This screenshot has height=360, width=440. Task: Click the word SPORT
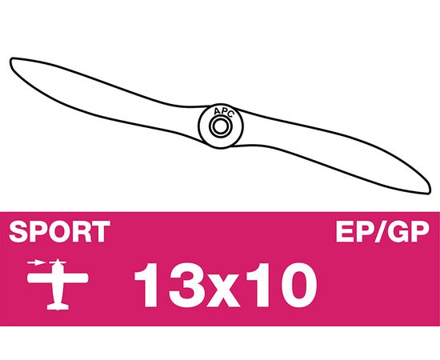click(x=59, y=232)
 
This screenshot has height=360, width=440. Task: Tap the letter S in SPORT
click(x=18, y=232)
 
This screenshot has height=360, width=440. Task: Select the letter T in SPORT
click(x=101, y=232)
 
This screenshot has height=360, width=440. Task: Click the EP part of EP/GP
click(x=354, y=232)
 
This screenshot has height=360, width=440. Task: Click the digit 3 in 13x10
click(x=184, y=285)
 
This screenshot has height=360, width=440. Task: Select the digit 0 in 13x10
click(x=298, y=285)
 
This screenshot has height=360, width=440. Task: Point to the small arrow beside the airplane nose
click(x=36, y=263)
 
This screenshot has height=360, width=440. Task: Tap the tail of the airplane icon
click(x=58, y=306)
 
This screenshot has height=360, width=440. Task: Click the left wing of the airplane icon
click(x=40, y=278)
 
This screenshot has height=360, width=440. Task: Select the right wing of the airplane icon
click(x=75, y=278)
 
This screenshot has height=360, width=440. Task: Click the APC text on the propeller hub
click(x=223, y=113)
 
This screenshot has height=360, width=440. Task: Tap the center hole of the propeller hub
click(x=220, y=126)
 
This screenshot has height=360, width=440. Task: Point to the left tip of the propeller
click(x=10, y=60)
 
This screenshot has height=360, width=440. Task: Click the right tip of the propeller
click(x=430, y=191)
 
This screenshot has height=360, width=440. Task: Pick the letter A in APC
click(x=216, y=112)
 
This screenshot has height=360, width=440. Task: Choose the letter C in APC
click(x=230, y=114)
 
